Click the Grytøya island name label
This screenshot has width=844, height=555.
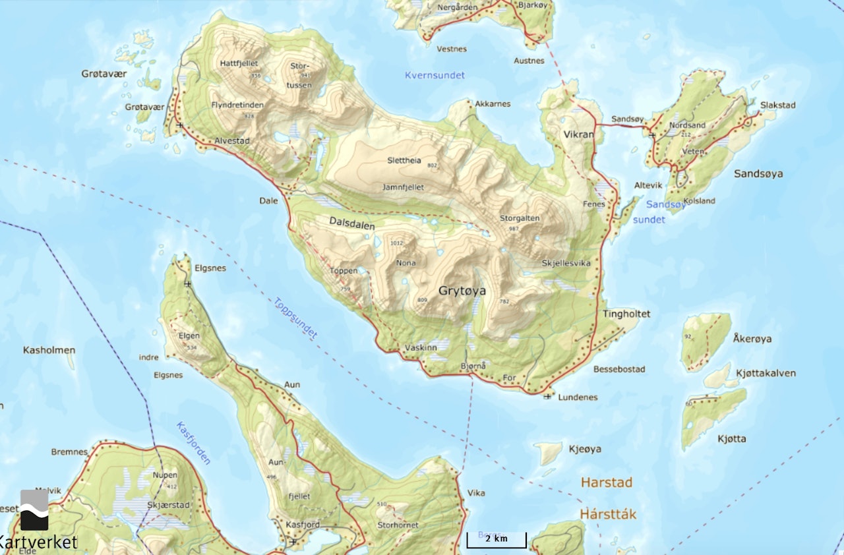[x=467, y=289]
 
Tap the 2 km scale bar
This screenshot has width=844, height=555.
[x=497, y=539]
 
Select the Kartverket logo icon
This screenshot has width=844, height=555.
[x=34, y=510]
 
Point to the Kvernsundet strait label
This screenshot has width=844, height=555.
[x=435, y=75]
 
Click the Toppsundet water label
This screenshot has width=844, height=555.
[x=296, y=318]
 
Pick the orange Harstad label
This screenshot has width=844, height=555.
[x=606, y=482]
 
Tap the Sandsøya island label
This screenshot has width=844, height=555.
[x=758, y=173]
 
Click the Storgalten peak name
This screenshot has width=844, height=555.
[x=520, y=218]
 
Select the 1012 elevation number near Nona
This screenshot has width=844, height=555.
[x=396, y=243]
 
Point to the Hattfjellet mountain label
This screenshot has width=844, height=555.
[x=239, y=63]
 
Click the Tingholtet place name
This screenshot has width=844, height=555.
[x=626, y=314]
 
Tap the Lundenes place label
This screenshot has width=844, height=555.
[x=578, y=397]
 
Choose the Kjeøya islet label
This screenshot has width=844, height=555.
[x=584, y=449]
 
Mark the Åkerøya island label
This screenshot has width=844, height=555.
[x=752, y=339]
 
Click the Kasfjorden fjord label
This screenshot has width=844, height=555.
[x=193, y=443]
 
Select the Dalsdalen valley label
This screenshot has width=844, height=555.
[x=352, y=225]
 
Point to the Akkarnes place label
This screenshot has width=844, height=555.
[x=493, y=103]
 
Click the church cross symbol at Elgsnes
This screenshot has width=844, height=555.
[x=188, y=283]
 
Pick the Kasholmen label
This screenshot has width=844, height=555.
[x=49, y=349]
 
